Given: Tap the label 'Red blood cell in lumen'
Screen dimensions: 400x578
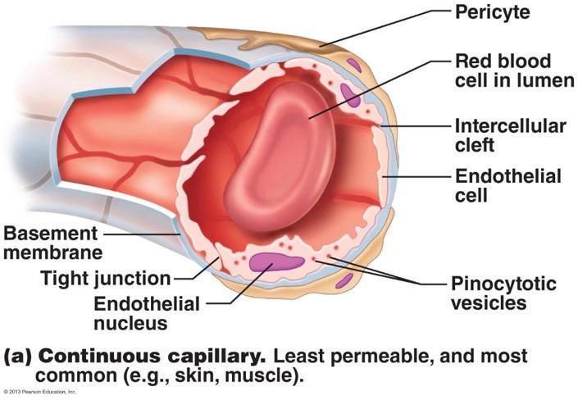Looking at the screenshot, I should pos(502,72).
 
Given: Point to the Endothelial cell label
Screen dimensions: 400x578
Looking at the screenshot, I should pos(507,186).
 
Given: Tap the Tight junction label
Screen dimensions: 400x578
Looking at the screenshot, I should pos(106,278).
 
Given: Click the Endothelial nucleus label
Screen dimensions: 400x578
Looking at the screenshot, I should pos(147,313).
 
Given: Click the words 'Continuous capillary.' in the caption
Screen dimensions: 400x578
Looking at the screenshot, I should pos(152,357).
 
